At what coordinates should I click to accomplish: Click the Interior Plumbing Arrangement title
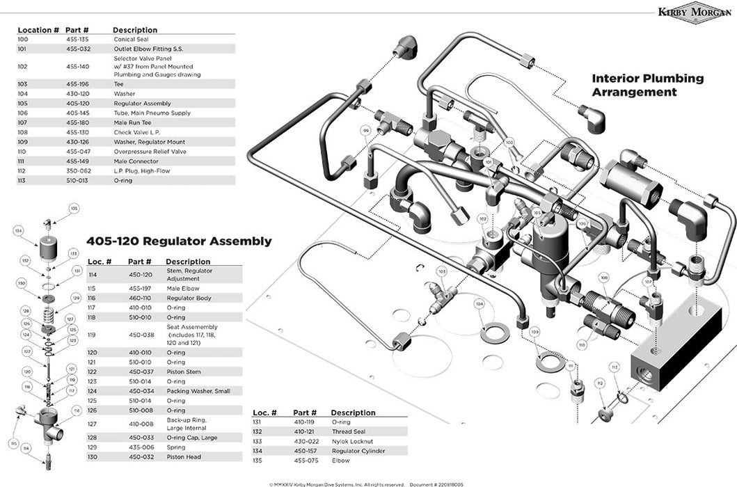647,85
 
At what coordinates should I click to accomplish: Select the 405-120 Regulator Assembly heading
179,241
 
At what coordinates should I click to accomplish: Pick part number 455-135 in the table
78,40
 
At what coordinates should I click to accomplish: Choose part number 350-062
78,170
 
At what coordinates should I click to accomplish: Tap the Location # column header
38,30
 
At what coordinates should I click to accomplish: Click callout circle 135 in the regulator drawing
74,208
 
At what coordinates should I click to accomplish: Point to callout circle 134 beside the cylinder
19,231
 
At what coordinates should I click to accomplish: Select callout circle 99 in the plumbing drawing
365,130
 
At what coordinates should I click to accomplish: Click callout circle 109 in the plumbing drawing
534,333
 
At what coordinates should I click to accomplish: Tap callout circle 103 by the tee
441,271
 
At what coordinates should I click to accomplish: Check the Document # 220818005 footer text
436,483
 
